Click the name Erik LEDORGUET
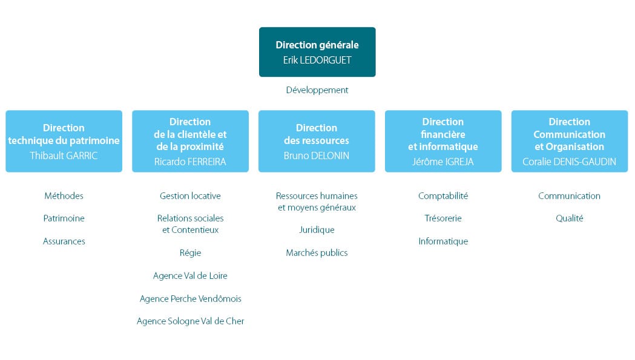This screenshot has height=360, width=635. pyautogui.click(x=317, y=60)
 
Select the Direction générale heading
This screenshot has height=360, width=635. pyautogui.click(x=317, y=45)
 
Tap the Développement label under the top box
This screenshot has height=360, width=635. pyautogui.click(x=317, y=90)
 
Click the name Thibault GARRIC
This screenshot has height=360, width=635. pyautogui.click(x=64, y=155)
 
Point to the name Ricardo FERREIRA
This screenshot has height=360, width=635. pyautogui.click(x=190, y=162)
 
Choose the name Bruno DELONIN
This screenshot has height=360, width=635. pyautogui.click(x=317, y=155)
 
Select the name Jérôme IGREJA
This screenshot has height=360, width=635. pyautogui.click(x=443, y=162)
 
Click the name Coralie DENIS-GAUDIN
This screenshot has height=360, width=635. pyautogui.click(x=569, y=162)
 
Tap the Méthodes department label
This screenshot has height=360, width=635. pyautogui.click(x=64, y=196)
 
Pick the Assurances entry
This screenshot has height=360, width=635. pyautogui.click(x=64, y=241)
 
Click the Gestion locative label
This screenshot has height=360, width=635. pyautogui.click(x=190, y=196)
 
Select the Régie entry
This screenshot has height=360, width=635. pyautogui.click(x=190, y=253)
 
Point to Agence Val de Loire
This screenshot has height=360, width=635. pyautogui.click(x=190, y=276)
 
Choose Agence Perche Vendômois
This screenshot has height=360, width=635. pyautogui.click(x=190, y=299)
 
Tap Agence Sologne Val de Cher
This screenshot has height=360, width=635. pyautogui.click(x=190, y=321)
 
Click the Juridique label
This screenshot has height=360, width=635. pyautogui.click(x=317, y=230)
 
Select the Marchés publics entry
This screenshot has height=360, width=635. pyautogui.click(x=317, y=253)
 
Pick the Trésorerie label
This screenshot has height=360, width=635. pyautogui.click(x=443, y=218)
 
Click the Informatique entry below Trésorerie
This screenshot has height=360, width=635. pyautogui.click(x=443, y=241)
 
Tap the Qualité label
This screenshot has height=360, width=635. pyautogui.click(x=569, y=218)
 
